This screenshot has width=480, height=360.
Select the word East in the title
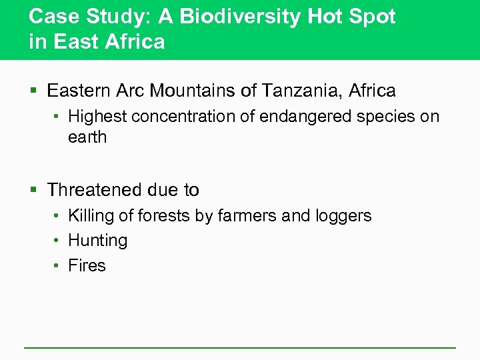point(74,42)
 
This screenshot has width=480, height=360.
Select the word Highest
point(97,117)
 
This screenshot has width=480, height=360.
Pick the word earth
point(87,137)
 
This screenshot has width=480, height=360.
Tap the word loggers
point(343,216)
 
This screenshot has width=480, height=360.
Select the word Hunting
point(97,241)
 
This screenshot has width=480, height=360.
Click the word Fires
point(87,265)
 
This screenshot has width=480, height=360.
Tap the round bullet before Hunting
point(58,241)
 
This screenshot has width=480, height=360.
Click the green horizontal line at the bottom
point(240,347)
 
